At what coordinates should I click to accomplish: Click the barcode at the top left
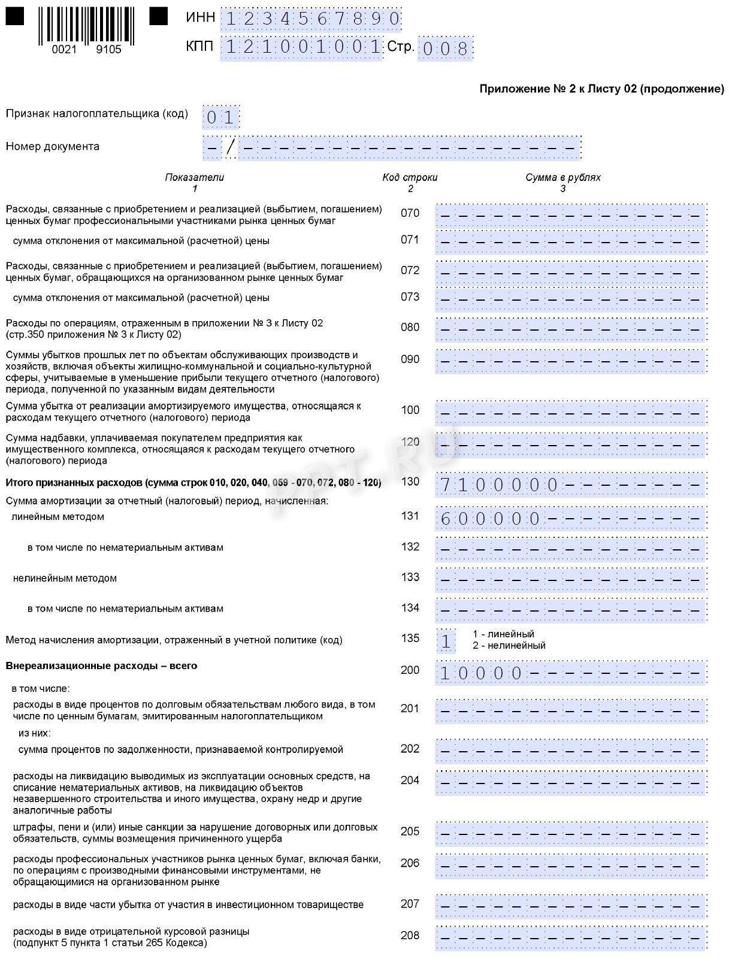pos(86,26)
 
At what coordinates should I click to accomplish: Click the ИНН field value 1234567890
pos(311,19)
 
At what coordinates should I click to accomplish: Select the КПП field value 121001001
pos(302,47)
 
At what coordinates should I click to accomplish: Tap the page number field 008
pos(445,49)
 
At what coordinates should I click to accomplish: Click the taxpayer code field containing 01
pos(221,117)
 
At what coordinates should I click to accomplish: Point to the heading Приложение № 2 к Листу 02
pos(601,89)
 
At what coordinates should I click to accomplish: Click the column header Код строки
pos(410,178)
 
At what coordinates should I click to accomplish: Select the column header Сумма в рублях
pos(562,178)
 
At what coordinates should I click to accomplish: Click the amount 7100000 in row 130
pos(500,485)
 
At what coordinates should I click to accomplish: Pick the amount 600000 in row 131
pos(491,519)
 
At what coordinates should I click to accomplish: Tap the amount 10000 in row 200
pos(482,673)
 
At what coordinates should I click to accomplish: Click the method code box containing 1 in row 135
pos(446,642)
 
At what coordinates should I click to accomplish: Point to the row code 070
pos(410,213)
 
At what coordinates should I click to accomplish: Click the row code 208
pos(410,936)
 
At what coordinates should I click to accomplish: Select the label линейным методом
pos(58,517)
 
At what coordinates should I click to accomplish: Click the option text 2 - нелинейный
pos(509,646)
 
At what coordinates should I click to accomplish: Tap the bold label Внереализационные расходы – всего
pos(101,666)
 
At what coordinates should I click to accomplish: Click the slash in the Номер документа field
pos(231,147)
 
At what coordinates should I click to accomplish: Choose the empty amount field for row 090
pos(570,361)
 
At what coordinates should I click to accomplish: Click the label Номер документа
pos(53,147)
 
